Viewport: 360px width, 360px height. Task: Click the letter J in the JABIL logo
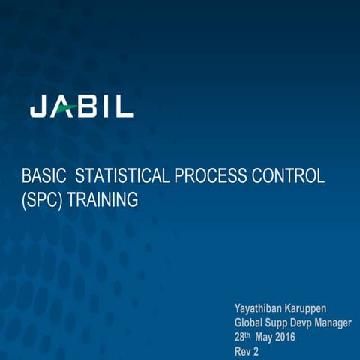point(37,107)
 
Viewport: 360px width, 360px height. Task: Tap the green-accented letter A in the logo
point(63,107)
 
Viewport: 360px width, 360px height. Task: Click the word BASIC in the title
point(42,177)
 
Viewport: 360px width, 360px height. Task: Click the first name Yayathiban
point(261,309)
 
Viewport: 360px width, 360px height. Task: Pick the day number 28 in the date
point(240,337)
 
